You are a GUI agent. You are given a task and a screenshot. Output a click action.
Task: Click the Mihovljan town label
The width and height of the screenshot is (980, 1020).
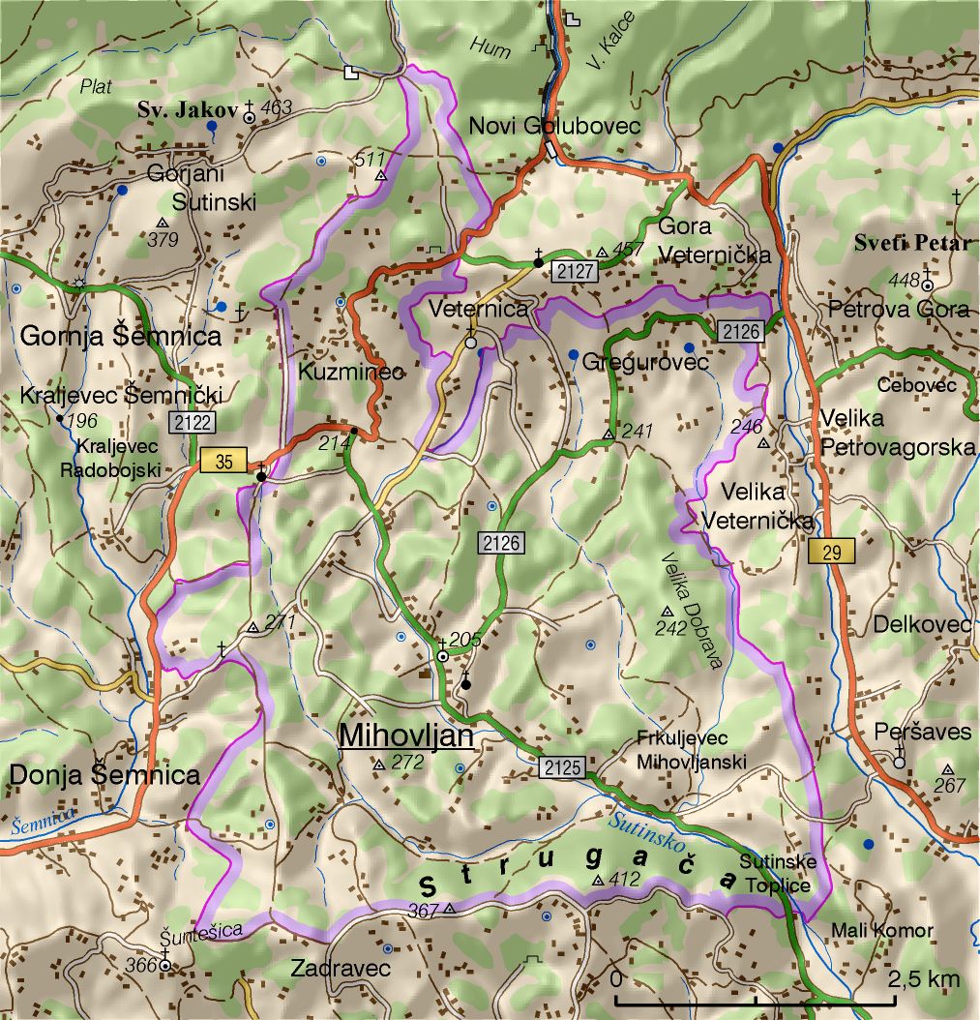[405, 736]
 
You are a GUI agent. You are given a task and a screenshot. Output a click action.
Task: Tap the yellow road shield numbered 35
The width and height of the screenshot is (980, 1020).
[224, 461]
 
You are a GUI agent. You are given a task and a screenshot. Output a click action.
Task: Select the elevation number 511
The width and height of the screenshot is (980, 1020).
[370, 159]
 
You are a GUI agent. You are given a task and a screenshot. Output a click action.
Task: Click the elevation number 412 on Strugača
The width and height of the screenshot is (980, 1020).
[625, 879]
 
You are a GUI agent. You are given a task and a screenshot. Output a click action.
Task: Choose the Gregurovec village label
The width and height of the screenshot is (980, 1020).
[645, 361]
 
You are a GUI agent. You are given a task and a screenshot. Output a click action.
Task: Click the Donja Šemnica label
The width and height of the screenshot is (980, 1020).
[104, 774]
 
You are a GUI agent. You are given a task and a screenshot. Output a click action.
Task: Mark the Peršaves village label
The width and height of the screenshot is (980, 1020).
[922, 732]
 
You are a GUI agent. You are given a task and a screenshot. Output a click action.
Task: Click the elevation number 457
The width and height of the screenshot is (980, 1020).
[628, 250]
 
